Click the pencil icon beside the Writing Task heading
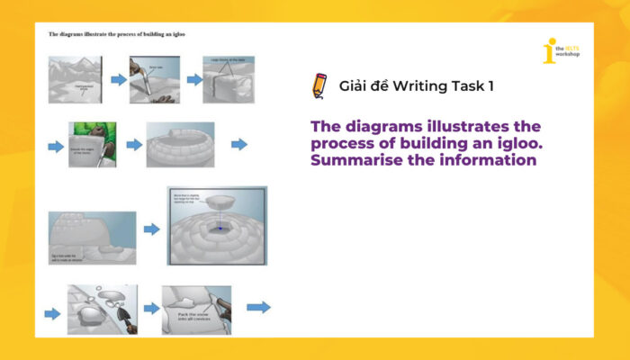(318, 85)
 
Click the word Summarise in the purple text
(357, 160)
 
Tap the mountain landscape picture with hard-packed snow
(75, 78)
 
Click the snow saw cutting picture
(154, 79)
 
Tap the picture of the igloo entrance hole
(92, 237)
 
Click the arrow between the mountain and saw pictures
(118, 80)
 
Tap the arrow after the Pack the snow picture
(258, 308)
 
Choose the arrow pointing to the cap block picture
(151, 229)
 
